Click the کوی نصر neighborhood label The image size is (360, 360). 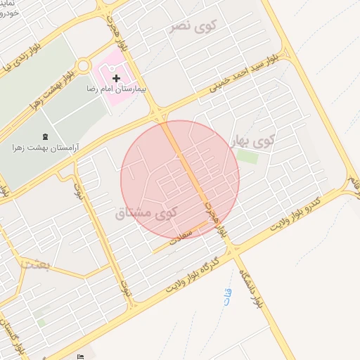pos(194,25)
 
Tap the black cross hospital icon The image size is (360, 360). pos(117,77)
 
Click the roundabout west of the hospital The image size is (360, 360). pos(84,65)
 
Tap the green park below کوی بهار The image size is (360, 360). pos(247,156)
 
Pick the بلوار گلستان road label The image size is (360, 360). pos(13,345)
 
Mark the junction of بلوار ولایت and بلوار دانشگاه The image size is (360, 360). pos(236,248)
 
